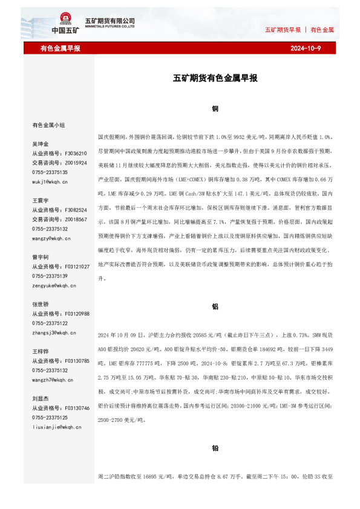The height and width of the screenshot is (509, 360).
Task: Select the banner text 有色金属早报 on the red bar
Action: click(61, 48)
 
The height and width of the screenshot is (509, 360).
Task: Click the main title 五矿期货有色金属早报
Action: click(215, 78)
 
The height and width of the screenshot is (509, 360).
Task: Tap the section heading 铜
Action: click(215, 109)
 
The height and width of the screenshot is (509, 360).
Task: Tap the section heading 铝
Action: click(215, 306)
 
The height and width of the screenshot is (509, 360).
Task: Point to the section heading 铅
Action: click(215, 449)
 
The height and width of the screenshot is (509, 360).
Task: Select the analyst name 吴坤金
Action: click(41, 144)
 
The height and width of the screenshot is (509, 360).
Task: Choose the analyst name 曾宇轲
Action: click(41, 257)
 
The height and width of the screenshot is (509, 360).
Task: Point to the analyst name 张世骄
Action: click(41, 304)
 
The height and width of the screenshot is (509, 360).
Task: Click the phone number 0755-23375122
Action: click(50, 323)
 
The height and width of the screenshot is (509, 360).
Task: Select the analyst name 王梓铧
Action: click(41, 351)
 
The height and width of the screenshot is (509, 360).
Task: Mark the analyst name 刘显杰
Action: click(41, 398)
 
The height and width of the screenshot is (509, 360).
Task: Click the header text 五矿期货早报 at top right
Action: click(283, 30)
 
